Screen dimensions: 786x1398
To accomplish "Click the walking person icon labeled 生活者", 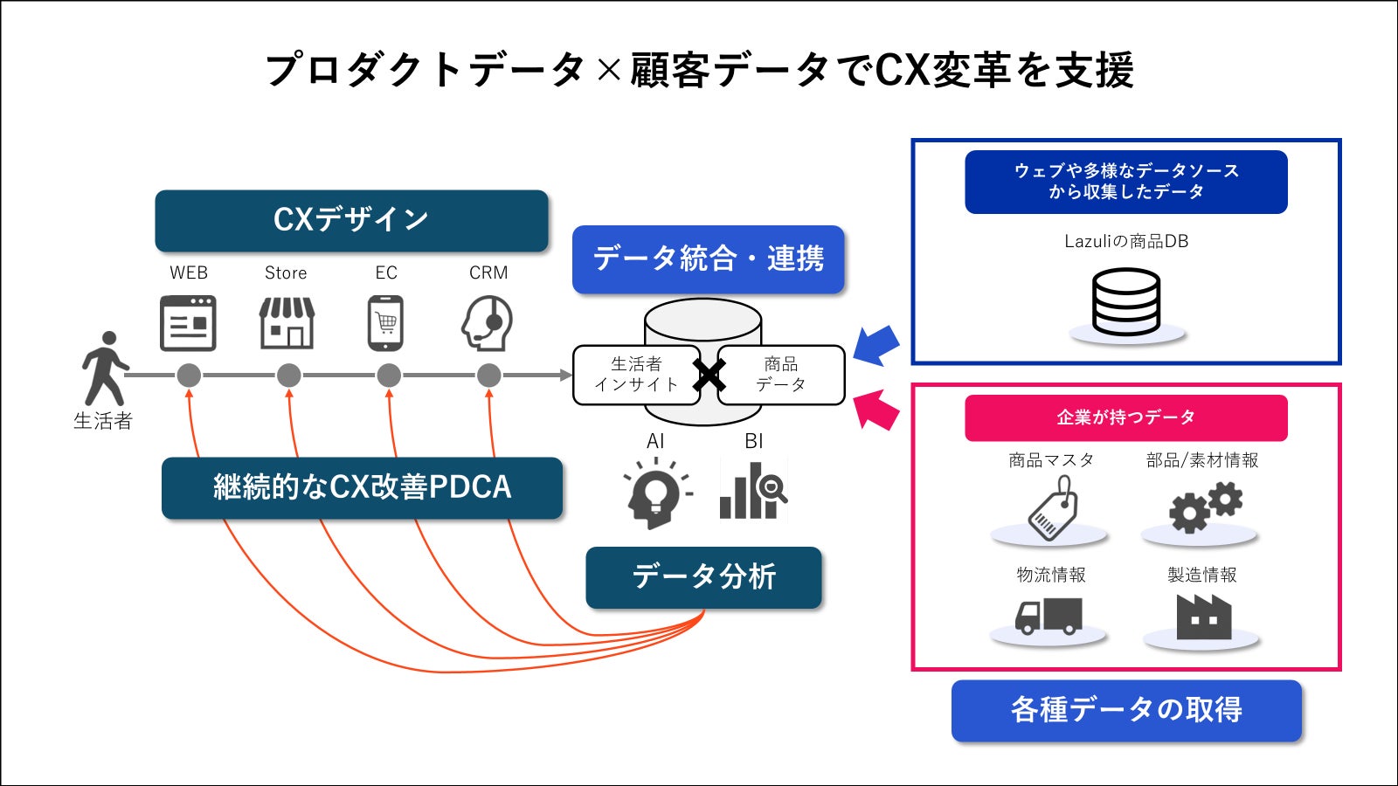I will pos(105,367).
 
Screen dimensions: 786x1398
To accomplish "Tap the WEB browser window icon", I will pos(188,323).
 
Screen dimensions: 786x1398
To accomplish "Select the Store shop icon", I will pos(287,322).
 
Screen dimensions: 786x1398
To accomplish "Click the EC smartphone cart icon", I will pos(386,323).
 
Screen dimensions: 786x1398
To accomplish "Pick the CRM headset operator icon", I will pos(488,323).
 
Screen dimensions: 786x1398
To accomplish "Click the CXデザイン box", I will pos(351,220).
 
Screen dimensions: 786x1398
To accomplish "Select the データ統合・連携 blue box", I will pos(708,259).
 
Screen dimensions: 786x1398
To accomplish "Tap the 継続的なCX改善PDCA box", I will pos(362,487).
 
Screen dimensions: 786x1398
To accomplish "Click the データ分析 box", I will pos(703,577).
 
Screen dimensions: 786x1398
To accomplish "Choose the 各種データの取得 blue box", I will pos(1126,710).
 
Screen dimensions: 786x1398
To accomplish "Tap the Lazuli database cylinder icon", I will pos(1126,302).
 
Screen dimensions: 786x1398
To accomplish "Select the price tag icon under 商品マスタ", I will pos(1053,509).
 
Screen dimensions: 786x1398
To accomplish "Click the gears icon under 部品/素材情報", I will pos(1205,509).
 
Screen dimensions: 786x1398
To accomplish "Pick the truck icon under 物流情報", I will pos(1048,617).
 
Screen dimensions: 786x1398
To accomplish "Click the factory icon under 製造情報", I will pos(1203,617).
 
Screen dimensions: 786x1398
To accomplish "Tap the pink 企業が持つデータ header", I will pos(1125,417).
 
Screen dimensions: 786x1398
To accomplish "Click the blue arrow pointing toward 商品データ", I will pos(876,345).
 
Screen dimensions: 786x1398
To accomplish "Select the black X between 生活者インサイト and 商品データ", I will pos(709,376).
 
